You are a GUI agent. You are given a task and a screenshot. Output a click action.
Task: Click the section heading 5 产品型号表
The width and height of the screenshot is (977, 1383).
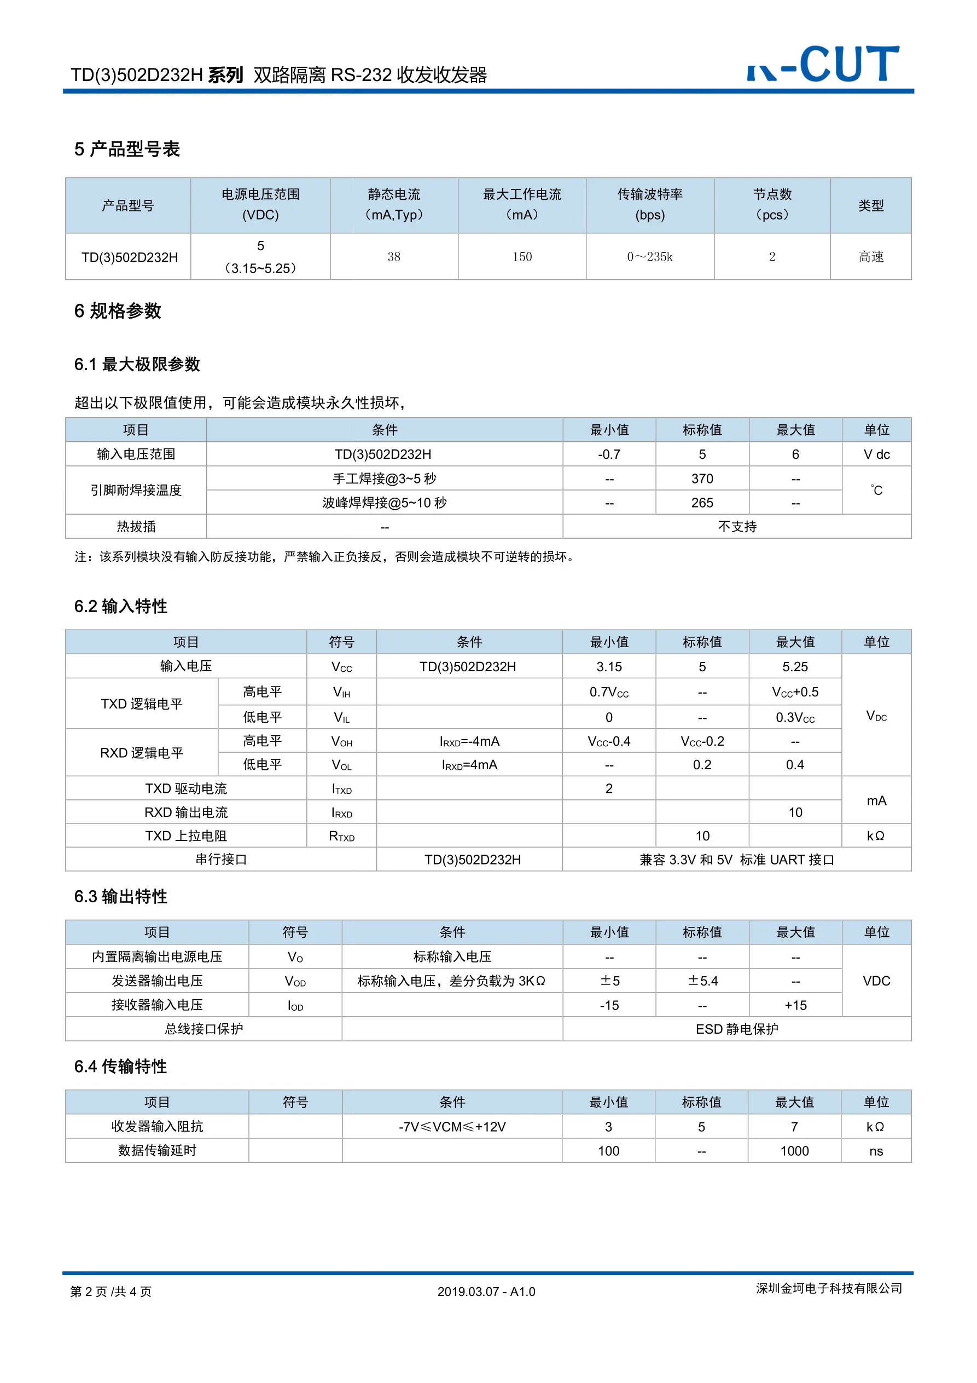tap(127, 149)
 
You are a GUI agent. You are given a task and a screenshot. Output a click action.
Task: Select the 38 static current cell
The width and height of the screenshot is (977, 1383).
tap(394, 257)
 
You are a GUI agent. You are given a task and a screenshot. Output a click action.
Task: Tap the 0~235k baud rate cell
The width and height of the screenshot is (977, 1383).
tap(649, 257)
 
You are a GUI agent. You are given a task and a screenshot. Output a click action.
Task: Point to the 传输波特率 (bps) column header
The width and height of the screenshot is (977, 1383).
tap(649, 205)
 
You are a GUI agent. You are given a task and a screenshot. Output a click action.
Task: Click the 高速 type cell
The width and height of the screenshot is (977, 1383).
tap(870, 257)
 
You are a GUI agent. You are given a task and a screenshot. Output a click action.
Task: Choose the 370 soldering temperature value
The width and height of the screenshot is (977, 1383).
tap(702, 479)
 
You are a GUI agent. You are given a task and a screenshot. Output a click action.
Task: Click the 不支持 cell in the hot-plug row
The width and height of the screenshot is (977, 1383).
tap(737, 527)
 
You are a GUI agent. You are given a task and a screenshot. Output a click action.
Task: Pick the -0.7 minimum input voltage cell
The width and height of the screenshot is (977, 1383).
tap(609, 455)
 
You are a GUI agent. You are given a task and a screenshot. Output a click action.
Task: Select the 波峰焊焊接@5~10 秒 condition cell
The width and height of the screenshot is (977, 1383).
tap(384, 503)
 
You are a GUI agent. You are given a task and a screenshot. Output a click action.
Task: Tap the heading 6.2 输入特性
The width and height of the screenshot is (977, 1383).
tap(120, 607)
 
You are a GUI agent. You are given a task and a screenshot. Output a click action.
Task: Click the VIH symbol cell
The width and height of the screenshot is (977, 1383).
tap(341, 693)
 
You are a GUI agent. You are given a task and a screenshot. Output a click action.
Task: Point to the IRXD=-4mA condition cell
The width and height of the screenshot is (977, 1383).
tap(469, 741)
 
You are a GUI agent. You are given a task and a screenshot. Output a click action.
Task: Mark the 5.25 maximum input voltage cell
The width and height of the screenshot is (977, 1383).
tap(795, 667)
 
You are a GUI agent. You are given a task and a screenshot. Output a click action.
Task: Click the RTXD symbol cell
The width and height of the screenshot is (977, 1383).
tap(341, 836)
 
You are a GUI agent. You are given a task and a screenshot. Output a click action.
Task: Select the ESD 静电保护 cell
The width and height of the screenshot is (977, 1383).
tap(737, 1029)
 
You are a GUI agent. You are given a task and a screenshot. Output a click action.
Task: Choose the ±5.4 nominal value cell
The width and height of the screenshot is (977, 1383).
tap(702, 981)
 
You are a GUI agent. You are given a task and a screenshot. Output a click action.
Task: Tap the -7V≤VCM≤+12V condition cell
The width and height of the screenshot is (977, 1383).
tap(452, 1127)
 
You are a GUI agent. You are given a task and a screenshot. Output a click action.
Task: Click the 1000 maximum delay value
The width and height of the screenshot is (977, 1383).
tap(795, 1151)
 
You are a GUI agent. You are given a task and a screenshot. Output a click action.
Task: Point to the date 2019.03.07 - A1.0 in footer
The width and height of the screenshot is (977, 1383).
tap(486, 1292)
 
